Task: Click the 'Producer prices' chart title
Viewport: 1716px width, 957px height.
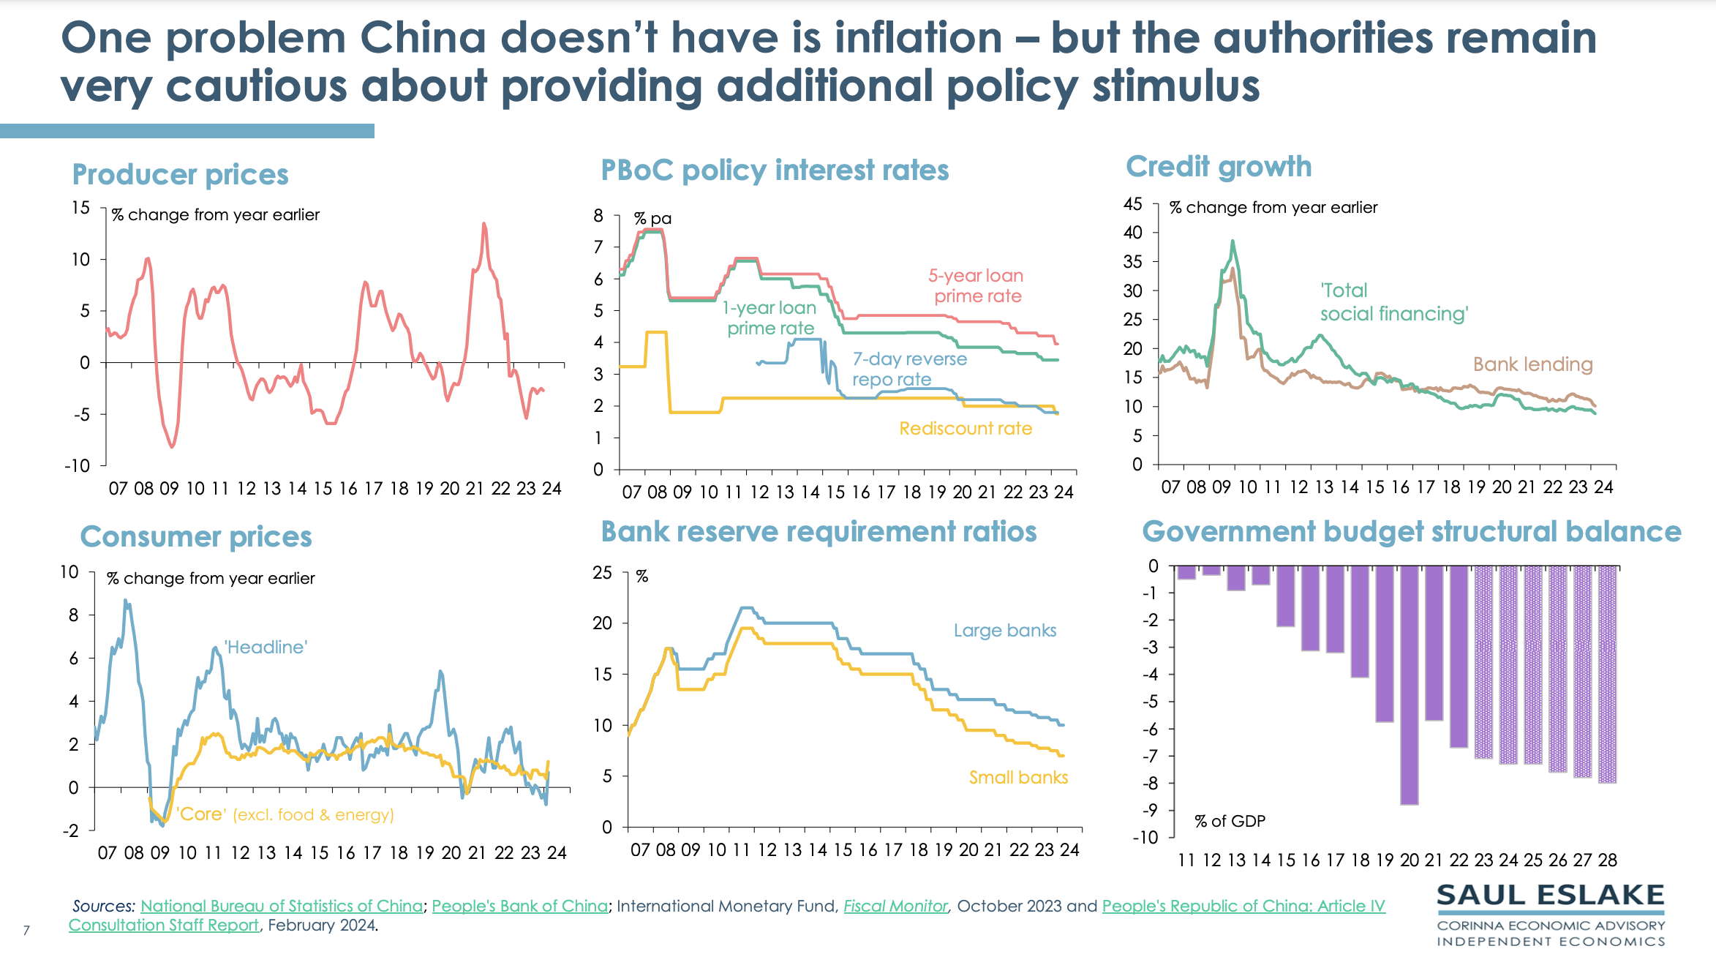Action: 180,175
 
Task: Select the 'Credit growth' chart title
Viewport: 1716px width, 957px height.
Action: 1219,167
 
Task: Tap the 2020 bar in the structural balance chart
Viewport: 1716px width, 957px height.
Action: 1409,685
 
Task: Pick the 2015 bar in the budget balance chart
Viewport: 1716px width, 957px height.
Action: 1285,596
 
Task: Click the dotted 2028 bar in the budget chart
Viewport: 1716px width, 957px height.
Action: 1607,674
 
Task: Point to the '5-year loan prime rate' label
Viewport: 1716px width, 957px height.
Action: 976,286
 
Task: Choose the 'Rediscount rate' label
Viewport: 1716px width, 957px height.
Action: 966,429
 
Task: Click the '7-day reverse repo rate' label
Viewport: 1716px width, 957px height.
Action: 909,369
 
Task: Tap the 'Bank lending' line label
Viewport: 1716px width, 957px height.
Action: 1532,364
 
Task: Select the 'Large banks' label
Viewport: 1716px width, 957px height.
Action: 1005,631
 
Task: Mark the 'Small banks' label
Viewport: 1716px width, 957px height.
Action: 1018,778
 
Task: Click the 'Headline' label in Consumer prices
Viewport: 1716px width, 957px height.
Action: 266,648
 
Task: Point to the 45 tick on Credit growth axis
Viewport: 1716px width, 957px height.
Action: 1132,204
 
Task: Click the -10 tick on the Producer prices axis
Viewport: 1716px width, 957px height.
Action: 77,466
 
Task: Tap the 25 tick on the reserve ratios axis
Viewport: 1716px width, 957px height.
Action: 602,573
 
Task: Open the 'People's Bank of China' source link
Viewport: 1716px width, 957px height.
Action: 519,906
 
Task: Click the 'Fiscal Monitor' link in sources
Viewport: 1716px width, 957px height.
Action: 895,906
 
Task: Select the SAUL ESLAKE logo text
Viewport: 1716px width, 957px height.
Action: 1550,896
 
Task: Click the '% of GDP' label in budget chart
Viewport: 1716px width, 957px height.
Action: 1230,822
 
